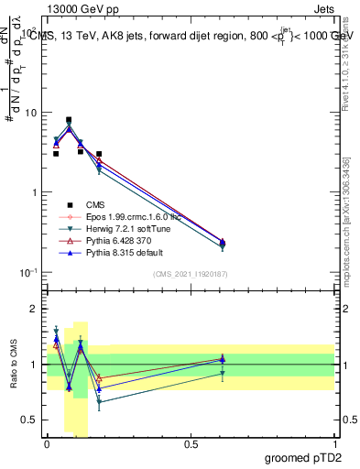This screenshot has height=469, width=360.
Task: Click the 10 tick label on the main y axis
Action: (x=29, y=113)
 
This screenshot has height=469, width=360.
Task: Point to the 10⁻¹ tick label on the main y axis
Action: (x=27, y=272)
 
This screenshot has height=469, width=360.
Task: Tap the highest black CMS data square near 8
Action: (x=69, y=120)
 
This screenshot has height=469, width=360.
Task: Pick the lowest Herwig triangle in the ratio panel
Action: (x=99, y=401)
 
